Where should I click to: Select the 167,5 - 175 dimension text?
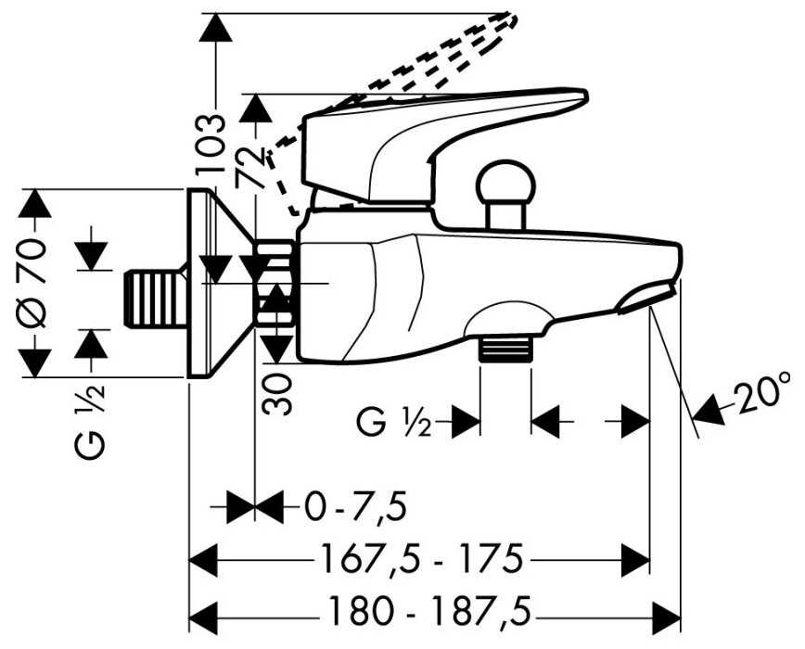(422, 560)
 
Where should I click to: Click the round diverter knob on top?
(506, 185)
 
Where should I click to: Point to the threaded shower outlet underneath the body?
(505, 349)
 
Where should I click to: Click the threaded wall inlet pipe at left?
(155, 299)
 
